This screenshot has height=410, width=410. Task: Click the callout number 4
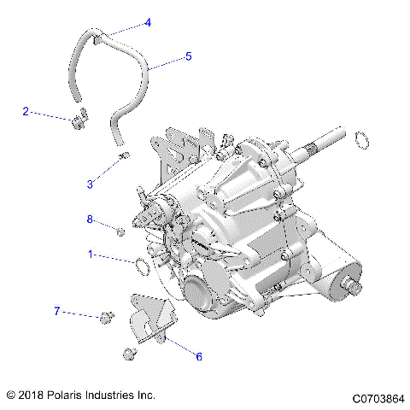pos(148,22)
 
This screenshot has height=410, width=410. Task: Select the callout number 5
pos(189,56)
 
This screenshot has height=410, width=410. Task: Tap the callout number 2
pos(26,111)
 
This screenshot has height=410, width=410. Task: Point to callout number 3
pos(91,183)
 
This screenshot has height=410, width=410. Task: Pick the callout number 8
pos(89,220)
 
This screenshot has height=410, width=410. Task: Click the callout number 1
pos(90,254)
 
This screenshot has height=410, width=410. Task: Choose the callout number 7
pos(57,311)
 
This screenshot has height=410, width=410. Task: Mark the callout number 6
pos(199,356)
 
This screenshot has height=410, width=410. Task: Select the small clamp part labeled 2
pos(79,121)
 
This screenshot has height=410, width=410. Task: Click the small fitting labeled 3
pos(125,155)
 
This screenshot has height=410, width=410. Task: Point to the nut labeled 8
pos(120,231)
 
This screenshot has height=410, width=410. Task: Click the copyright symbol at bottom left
pos(10,396)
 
